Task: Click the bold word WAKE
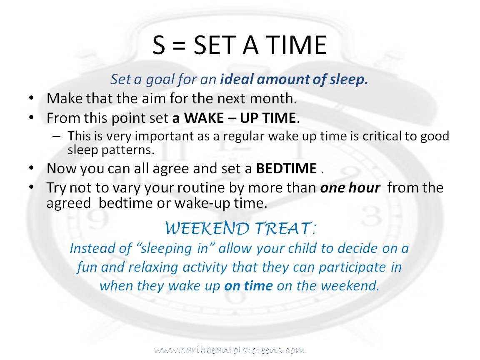pos(204,118)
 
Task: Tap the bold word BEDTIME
pos(287,169)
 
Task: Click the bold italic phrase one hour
pos(350,187)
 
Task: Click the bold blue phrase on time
pos(248,286)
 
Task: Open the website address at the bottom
pos(230,350)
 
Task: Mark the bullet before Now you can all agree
pos(31,168)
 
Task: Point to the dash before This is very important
pos(56,137)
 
